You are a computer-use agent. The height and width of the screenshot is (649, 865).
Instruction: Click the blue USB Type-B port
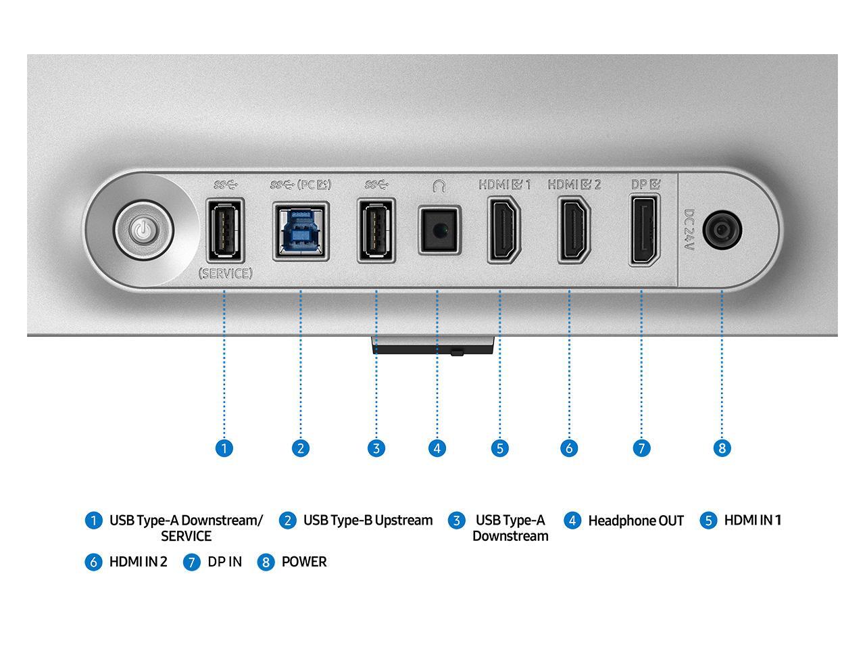click(301, 231)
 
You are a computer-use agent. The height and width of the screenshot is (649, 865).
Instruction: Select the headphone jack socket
click(439, 230)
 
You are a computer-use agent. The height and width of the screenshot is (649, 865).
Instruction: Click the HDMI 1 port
click(503, 230)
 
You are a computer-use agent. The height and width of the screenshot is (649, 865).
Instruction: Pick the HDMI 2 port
click(574, 230)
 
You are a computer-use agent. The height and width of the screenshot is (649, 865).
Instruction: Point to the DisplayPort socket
click(644, 230)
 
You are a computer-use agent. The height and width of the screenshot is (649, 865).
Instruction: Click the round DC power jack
click(722, 231)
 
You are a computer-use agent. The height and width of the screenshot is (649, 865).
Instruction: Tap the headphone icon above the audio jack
click(439, 185)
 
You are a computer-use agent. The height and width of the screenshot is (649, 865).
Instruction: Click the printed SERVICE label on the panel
click(225, 274)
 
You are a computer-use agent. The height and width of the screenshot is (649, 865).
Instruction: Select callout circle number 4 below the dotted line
click(437, 448)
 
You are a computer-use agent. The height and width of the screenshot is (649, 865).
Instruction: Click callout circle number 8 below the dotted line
click(722, 448)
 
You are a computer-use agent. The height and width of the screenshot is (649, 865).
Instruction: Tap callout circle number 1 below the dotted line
click(224, 448)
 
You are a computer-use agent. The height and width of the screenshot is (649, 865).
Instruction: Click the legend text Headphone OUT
click(635, 521)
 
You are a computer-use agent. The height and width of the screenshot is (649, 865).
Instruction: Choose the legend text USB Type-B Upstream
click(368, 520)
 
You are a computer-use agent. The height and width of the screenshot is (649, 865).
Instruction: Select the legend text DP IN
click(224, 562)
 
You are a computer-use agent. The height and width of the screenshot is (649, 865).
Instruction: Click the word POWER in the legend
click(303, 562)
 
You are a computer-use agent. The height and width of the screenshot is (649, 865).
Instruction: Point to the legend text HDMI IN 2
click(138, 562)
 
